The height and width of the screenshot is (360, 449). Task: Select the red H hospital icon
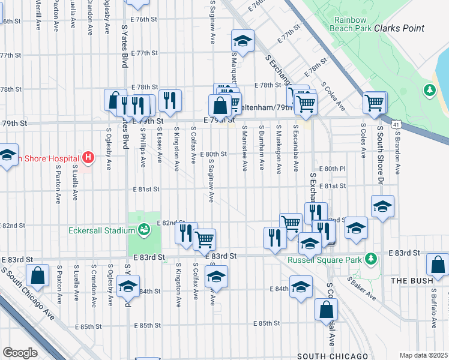point(88,158)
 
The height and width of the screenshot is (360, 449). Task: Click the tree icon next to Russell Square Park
point(371,259)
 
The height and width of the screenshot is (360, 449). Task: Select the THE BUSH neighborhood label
point(412,280)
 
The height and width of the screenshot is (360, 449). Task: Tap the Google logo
point(20,352)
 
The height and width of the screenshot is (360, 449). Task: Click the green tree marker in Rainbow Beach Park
point(429,90)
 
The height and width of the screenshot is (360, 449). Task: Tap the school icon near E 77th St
point(243,41)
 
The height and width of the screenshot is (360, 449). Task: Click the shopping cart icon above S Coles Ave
point(375,103)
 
